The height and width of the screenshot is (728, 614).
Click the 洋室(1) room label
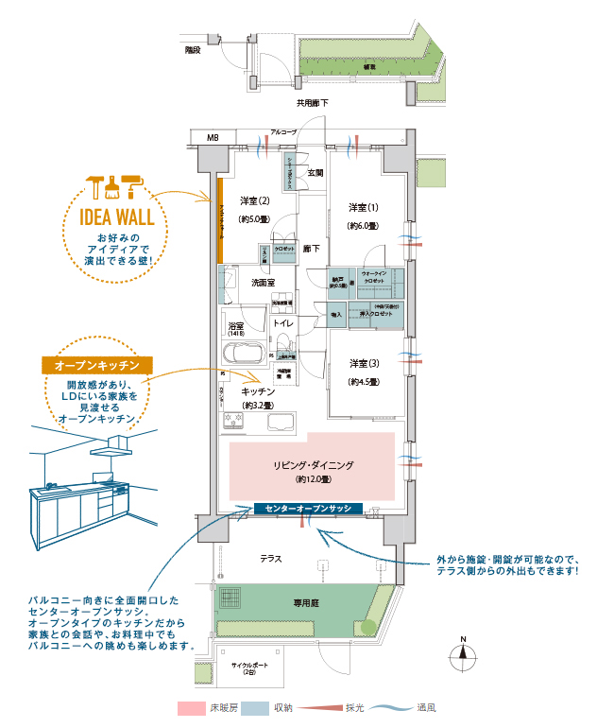[x=363, y=208]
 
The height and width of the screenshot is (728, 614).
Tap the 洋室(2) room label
[x=255, y=200]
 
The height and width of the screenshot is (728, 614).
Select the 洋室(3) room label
[x=363, y=364]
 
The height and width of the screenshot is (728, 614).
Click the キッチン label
[x=257, y=390]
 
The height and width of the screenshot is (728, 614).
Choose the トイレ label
[x=282, y=323]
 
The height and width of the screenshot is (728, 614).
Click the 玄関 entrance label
[x=316, y=173]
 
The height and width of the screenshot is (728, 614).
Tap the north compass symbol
[x=463, y=656]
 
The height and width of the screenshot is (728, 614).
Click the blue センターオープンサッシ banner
[x=309, y=509]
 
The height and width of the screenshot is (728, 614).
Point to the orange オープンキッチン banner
[x=97, y=364]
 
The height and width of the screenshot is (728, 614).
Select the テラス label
[x=272, y=559]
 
